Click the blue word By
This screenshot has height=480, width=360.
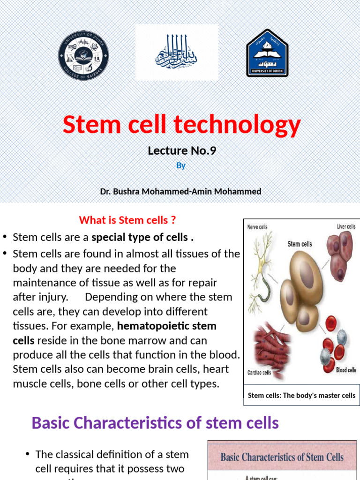pyautogui.click(x=181, y=166)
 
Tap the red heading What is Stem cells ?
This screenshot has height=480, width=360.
pyautogui.click(x=127, y=220)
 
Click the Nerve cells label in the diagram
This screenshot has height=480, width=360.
pyautogui.click(x=257, y=227)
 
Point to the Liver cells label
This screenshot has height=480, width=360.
pyautogui.click(x=346, y=227)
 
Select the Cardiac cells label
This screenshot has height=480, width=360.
pyautogui.click(x=259, y=373)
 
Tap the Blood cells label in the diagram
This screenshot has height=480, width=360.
pyautogui.click(x=346, y=370)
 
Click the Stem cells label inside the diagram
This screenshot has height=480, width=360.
pyautogui.click(x=300, y=244)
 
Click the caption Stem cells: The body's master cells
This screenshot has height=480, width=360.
pyautogui.click(x=301, y=395)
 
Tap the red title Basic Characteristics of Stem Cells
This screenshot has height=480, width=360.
pyautogui.click(x=282, y=457)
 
